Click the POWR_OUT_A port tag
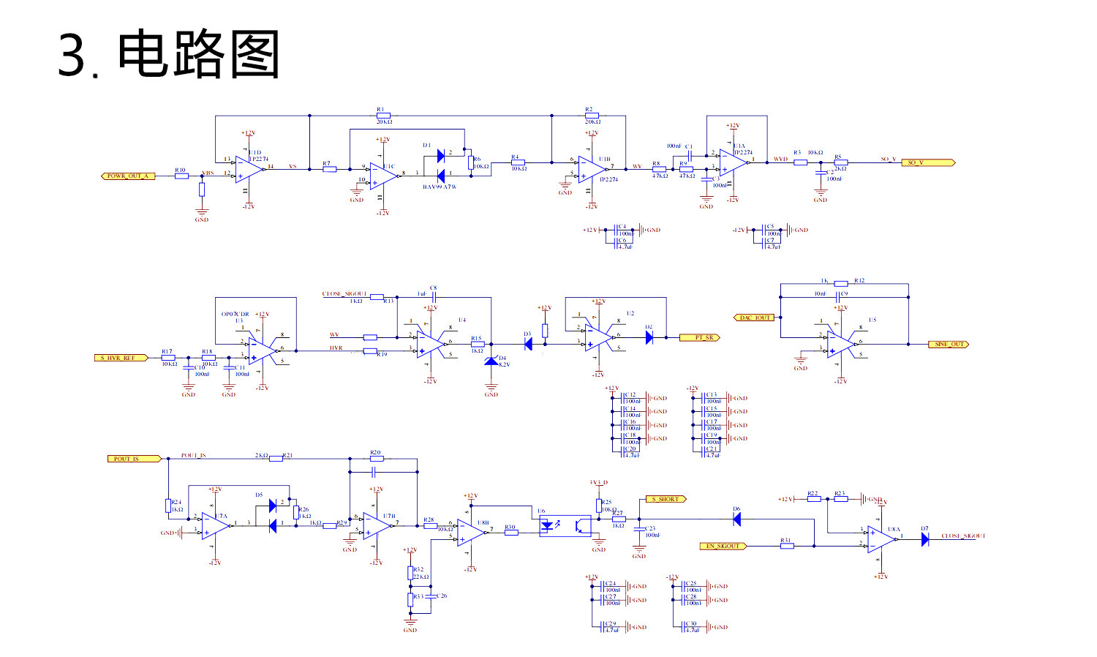pos(128,176)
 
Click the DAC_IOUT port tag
pos(754,318)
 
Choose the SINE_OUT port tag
pos(949,344)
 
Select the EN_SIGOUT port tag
pos(723,546)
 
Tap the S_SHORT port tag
pos(666,499)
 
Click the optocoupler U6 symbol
pos(565,525)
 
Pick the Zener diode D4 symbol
pos(491,361)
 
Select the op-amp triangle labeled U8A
pos(881,539)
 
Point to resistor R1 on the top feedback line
pos(383,116)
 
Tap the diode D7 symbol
pos(925,539)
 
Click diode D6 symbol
pos(736,519)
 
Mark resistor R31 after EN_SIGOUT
pos(787,546)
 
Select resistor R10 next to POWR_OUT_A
pos(181,176)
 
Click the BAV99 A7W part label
pos(440,187)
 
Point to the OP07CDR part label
pos(235,314)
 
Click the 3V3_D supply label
pos(598,483)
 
